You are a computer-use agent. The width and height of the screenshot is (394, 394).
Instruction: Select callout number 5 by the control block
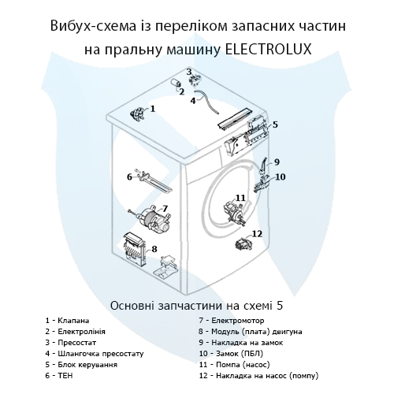275,125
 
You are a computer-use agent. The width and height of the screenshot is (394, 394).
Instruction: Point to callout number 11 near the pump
241,197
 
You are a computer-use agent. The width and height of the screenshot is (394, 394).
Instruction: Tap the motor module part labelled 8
138,250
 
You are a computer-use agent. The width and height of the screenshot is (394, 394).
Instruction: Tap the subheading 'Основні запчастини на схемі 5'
196,304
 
